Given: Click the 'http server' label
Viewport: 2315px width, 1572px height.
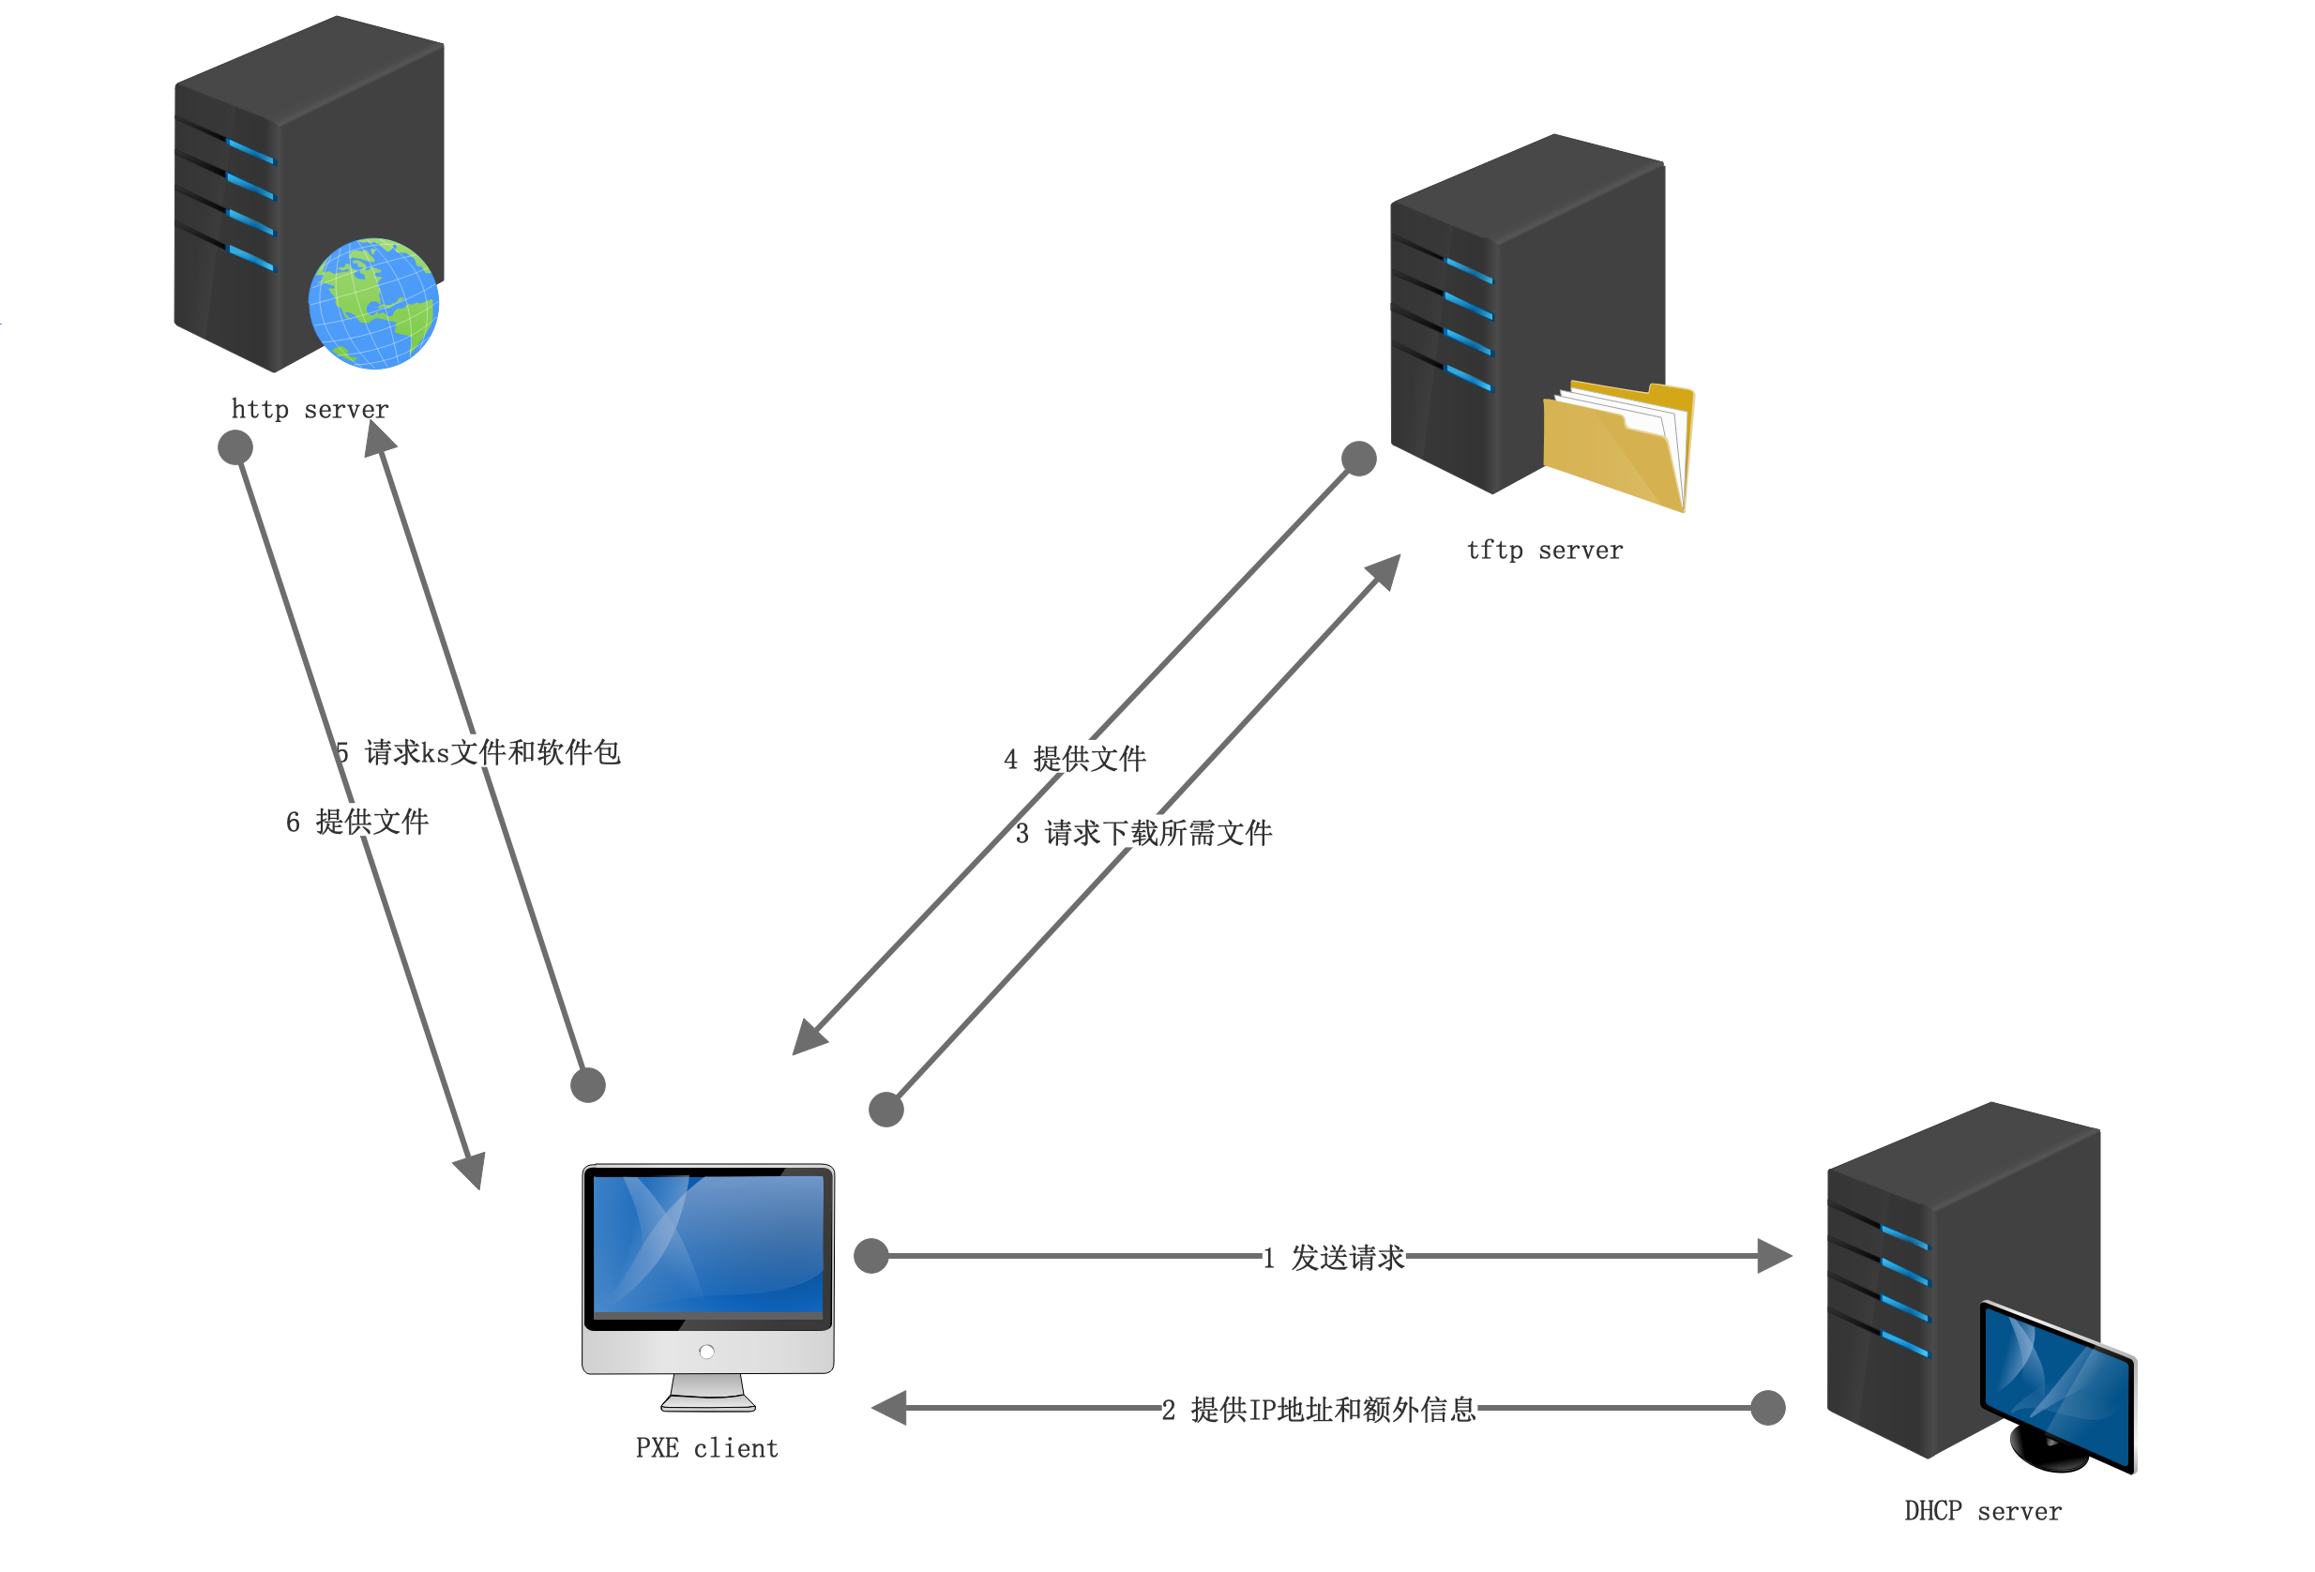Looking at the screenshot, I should click(x=310, y=410).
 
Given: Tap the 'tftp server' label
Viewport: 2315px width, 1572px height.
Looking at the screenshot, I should click(x=1544, y=550).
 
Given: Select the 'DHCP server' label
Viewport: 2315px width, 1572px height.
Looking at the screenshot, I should click(x=1982, y=1511).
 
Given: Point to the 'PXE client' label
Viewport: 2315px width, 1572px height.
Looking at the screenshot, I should click(x=706, y=1447).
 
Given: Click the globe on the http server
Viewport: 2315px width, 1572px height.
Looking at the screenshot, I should click(x=373, y=304).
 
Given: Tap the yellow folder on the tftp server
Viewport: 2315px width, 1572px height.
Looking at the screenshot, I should click(x=1616, y=446).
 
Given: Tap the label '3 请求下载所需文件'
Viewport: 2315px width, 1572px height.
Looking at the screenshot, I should click(x=1142, y=833).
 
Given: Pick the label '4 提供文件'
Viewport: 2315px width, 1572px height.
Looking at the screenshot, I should click(x=1075, y=759).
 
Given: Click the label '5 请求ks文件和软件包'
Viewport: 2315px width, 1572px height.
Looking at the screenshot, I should click(x=478, y=752).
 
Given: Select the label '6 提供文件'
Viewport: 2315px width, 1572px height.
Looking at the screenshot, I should click(x=356, y=822).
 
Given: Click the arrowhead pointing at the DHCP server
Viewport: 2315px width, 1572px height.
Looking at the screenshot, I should click(x=1774, y=1256).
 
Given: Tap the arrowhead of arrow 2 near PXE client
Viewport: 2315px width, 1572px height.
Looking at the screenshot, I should click(x=888, y=1408).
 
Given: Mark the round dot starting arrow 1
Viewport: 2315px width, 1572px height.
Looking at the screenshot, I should click(x=871, y=1256).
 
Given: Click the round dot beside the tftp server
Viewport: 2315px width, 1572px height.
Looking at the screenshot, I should click(x=1359, y=460).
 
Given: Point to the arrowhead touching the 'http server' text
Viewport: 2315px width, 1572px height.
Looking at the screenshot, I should click(x=379, y=438).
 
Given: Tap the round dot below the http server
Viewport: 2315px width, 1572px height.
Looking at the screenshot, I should click(x=235, y=447).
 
